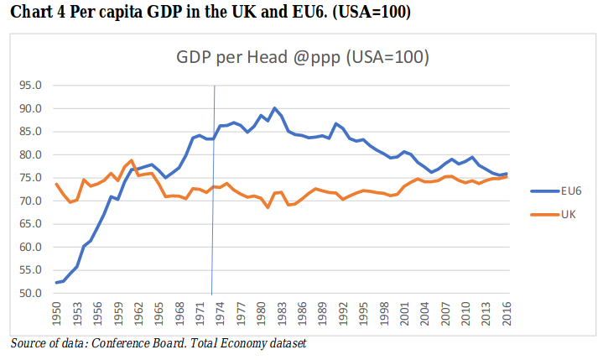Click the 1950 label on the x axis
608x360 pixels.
tap(57, 316)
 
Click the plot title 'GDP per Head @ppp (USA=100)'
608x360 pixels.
tap(303, 59)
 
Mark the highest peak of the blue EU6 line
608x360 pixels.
tap(275, 108)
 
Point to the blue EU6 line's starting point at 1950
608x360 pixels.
tap(57, 283)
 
